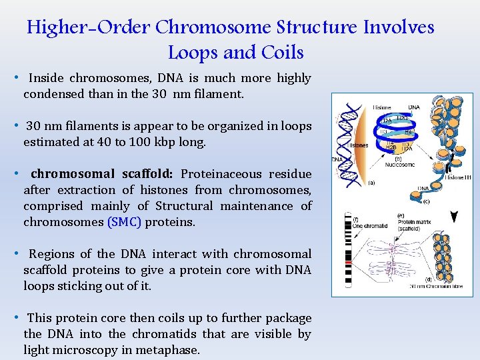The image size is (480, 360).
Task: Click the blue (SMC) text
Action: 124,222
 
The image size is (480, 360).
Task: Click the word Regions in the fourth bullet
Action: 52,254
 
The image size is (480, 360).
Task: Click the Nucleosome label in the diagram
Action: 399,165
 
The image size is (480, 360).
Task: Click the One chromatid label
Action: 370,226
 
